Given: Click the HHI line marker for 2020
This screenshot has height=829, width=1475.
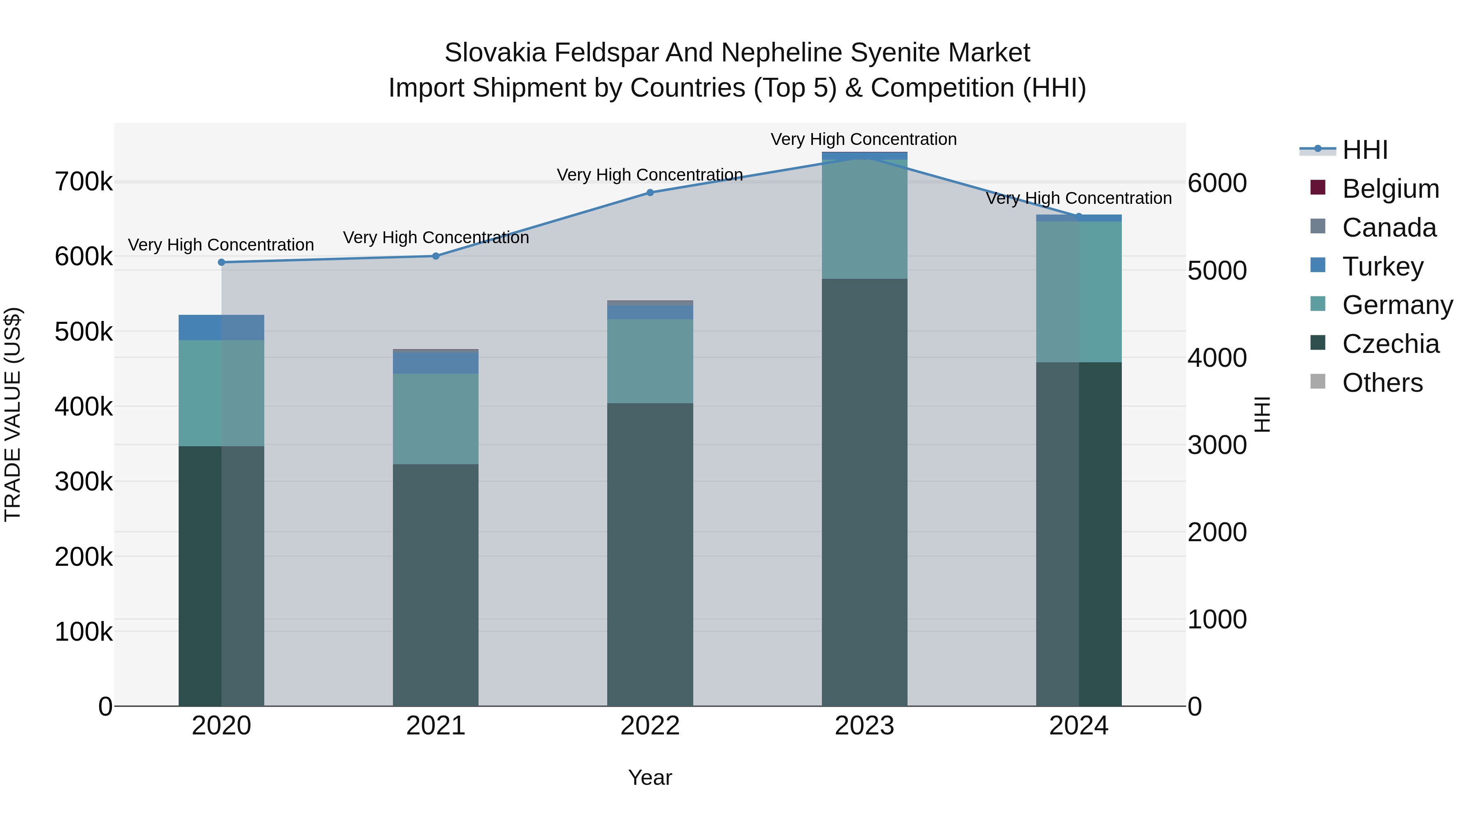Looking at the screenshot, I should (222, 262).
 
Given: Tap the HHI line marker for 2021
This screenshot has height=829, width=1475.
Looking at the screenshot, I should (436, 256).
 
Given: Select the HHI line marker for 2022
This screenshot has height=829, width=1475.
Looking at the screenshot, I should (650, 193).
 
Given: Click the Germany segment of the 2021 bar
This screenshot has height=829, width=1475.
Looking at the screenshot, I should (436, 419).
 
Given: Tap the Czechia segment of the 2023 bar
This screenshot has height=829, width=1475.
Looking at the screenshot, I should (865, 492).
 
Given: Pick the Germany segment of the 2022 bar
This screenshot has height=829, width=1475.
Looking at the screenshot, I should (650, 361).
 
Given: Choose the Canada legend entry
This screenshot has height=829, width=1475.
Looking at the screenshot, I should (1389, 228).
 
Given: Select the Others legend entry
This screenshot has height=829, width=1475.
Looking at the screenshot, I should (1382, 383).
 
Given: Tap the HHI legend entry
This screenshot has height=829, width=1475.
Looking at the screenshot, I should (1365, 150).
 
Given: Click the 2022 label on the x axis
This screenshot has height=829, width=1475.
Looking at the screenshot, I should (650, 726).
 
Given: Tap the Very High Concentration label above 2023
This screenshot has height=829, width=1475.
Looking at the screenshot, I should (863, 139).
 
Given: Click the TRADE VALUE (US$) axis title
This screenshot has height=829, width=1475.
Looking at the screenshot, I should (13, 414).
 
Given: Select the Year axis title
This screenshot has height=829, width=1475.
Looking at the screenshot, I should (650, 777).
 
